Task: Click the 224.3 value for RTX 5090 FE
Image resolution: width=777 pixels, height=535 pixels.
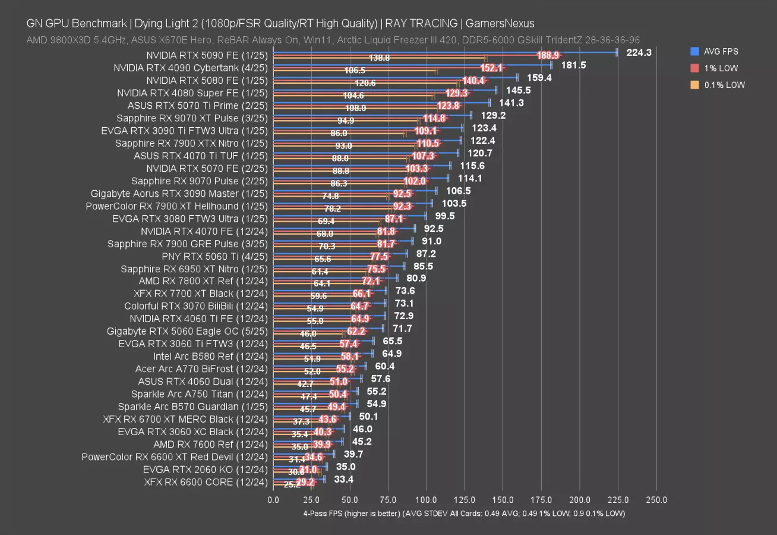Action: pyautogui.click(x=639, y=52)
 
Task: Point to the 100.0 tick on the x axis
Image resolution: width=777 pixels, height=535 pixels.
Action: pyautogui.click(x=427, y=500)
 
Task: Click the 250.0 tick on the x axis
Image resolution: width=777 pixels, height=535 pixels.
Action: pyautogui.click(x=656, y=500)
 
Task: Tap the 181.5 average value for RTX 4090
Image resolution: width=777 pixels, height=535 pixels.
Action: pyautogui.click(x=573, y=65)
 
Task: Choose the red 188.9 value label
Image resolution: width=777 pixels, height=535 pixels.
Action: pyautogui.click(x=548, y=55)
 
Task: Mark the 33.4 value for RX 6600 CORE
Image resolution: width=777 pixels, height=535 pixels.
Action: pyautogui.click(x=344, y=479)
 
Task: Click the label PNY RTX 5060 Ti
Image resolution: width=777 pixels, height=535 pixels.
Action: pyautogui.click(x=207, y=256)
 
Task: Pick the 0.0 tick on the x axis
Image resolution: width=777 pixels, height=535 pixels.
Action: pyautogui.click(x=273, y=500)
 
